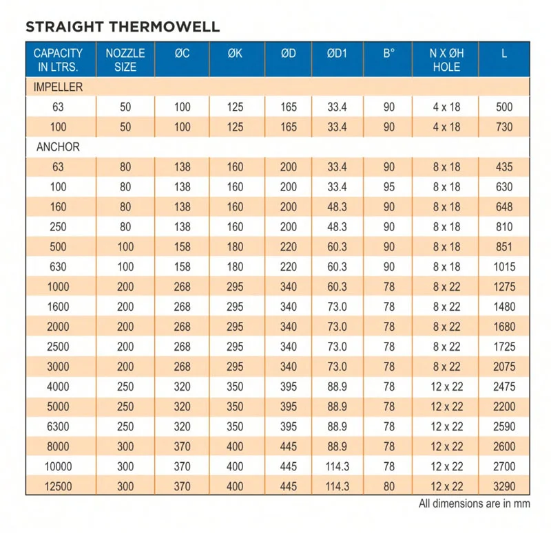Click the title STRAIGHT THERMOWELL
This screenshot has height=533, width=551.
[x=123, y=28]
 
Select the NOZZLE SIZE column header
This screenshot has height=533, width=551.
[x=125, y=60]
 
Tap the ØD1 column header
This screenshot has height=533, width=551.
[x=337, y=53]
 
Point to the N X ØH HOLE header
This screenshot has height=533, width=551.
[x=446, y=60]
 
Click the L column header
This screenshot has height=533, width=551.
[x=504, y=53]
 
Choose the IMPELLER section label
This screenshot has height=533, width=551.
[x=59, y=87]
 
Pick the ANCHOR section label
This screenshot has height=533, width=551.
[x=58, y=147]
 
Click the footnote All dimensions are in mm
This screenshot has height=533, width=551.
[x=475, y=503]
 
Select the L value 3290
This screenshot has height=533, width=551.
[x=504, y=486]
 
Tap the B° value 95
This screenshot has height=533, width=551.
[x=389, y=187]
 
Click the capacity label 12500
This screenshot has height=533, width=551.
[x=58, y=486]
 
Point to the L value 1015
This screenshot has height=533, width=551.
[x=504, y=267]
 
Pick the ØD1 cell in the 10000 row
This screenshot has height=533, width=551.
[x=337, y=466]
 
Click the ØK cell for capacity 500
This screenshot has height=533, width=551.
[x=235, y=247]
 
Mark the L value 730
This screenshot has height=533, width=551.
[x=504, y=127]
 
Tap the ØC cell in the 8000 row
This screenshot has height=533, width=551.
[x=182, y=446]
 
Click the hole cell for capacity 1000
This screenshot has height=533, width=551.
[x=446, y=287]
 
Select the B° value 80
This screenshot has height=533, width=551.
[x=389, y=486]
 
